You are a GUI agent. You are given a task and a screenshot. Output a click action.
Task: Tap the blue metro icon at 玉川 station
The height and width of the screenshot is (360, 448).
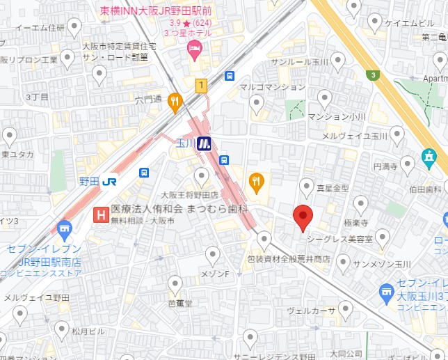[x=204, y=144]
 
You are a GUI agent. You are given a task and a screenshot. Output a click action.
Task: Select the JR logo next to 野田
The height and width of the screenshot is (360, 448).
[x=109, y=181]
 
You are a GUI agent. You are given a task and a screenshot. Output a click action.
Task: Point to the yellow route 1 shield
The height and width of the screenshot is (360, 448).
[x=202, y=86]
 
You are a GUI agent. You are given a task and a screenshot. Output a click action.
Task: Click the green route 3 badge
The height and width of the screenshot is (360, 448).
[x=374, y=75]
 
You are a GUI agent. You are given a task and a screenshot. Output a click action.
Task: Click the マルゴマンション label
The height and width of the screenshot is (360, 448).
[x=272, y=87]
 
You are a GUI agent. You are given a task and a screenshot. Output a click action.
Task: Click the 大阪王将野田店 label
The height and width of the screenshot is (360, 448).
[x=189, y=195]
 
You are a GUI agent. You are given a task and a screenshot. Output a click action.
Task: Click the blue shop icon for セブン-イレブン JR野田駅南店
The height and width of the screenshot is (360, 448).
[x=65, y=228]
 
